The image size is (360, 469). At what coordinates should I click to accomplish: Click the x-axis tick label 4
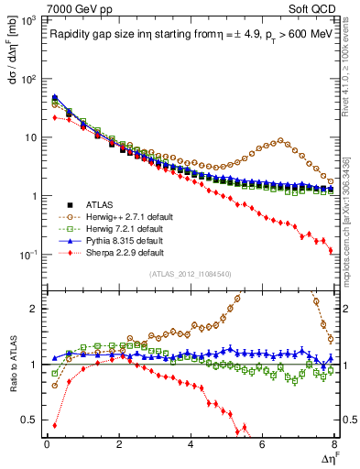191,444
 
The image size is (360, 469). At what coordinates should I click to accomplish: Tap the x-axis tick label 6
263,444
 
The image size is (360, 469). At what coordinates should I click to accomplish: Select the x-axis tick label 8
334,444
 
